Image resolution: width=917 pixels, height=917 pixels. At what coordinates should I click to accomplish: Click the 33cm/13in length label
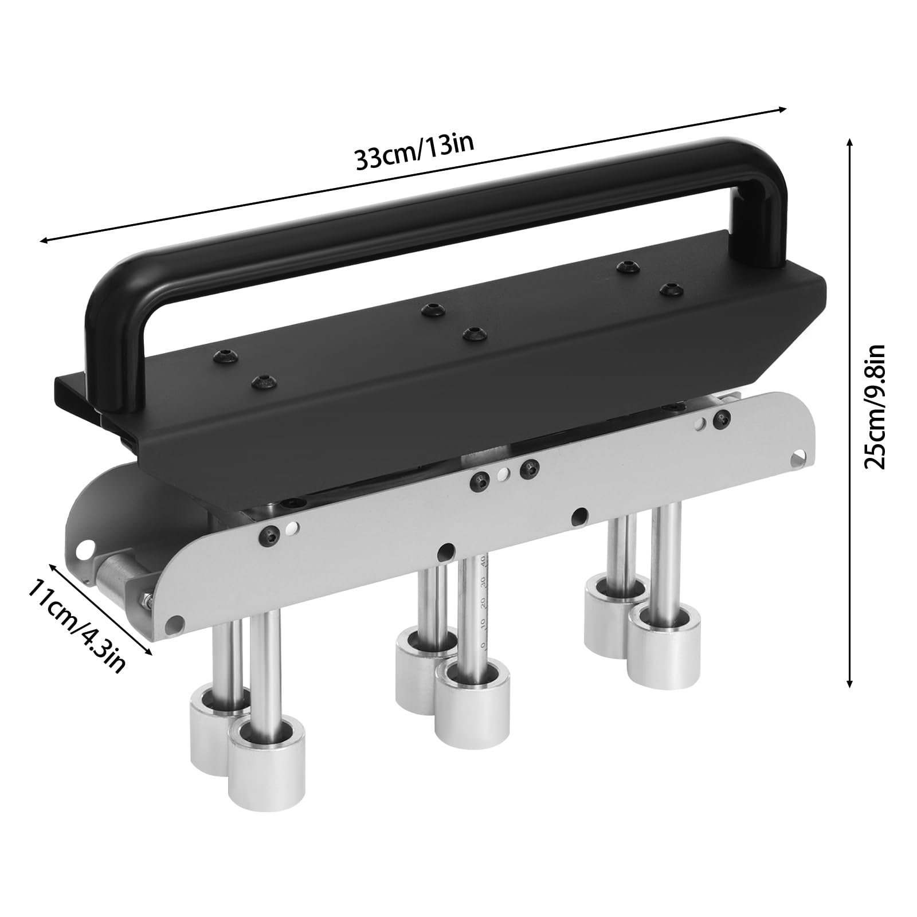point(414,151)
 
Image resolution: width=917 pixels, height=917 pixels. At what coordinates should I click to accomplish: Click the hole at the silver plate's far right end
point(795,460)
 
